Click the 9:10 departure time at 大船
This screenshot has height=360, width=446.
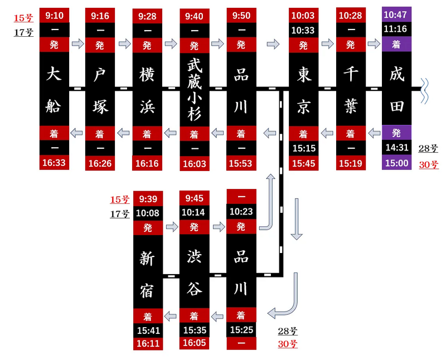(x=54, y=16)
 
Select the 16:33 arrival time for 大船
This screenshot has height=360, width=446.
(x=54, y=163)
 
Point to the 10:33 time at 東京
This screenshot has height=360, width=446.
(x=303, y=30)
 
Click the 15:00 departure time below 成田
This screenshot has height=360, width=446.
(x=396, y=163)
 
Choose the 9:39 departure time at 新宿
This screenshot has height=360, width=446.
(x=148, y=199)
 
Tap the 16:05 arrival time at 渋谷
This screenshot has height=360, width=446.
(x=194, y=343)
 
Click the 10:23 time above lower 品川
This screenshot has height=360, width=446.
(x=241, y=211)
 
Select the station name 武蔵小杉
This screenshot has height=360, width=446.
(x=195, y=89)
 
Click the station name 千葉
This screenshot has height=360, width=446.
(x=351, y=89)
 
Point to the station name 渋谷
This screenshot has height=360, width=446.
(x=195, y=272)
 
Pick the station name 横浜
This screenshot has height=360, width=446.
(x=147, y=90)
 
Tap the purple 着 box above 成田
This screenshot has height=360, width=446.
(x=396, y=44)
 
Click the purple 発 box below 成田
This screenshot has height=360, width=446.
(x=396, y=133)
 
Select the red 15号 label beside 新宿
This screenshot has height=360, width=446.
(x=120, y=200)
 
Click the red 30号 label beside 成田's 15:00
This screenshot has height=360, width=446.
(x=429, y=165)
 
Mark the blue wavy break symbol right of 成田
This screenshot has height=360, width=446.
(x=424, y=91)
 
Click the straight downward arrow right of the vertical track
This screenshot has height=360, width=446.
(x=297, y=219)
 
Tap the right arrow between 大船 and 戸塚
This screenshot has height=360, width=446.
(x=77, y=44)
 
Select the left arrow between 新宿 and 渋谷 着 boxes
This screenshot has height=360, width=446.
(x=171, y=315)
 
